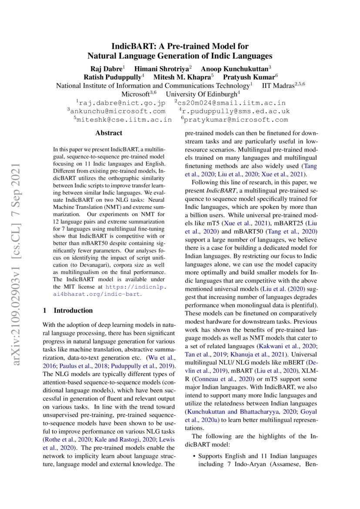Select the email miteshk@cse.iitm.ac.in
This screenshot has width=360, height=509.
coord(124,120)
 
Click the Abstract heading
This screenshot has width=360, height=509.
coord(109,133)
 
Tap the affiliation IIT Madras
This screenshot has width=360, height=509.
coord(279,86)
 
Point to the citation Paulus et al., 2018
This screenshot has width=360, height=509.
coord(78,365)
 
